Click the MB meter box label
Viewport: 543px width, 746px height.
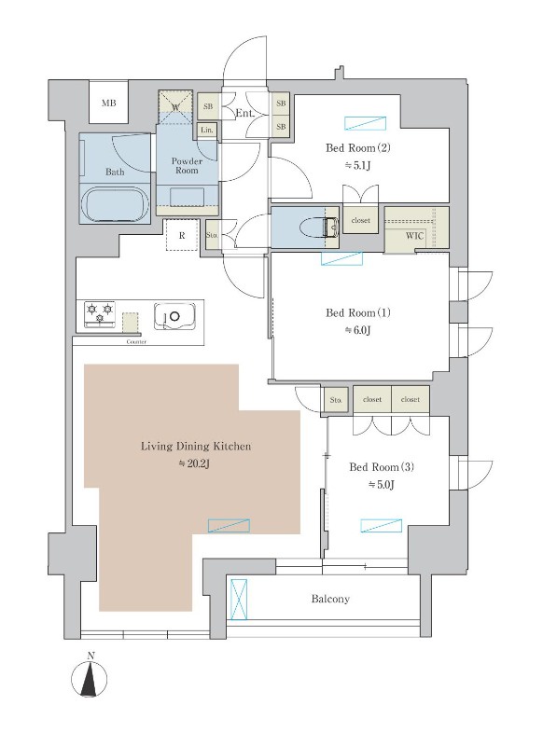(x=109, y=103)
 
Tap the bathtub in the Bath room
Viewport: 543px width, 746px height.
(x=115, y=204)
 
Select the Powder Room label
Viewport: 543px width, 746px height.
(x=187, y=166)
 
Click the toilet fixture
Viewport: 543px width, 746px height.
(x=321, y=227)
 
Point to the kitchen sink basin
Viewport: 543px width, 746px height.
(x=174, y=316)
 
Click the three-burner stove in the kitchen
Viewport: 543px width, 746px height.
(x=100, y=314)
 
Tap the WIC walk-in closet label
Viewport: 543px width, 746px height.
(x=415, y=236)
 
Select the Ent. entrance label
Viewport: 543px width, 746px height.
(x=244, y=114)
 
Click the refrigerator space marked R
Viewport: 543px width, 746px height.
(x=182, y=235)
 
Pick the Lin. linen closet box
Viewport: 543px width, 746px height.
(x=207, y=131)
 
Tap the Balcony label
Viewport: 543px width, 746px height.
(x=330, y=599)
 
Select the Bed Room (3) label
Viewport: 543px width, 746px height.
(x=382, y=467)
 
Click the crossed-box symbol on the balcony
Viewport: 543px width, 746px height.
(x=239, y=600)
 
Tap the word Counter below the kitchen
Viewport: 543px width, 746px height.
(x=136, y=342)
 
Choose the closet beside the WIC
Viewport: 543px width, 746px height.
(x=361, y=220)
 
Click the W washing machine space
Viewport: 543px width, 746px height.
(x=175, y=107)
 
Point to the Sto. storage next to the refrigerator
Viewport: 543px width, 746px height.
(x=212, y=235)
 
